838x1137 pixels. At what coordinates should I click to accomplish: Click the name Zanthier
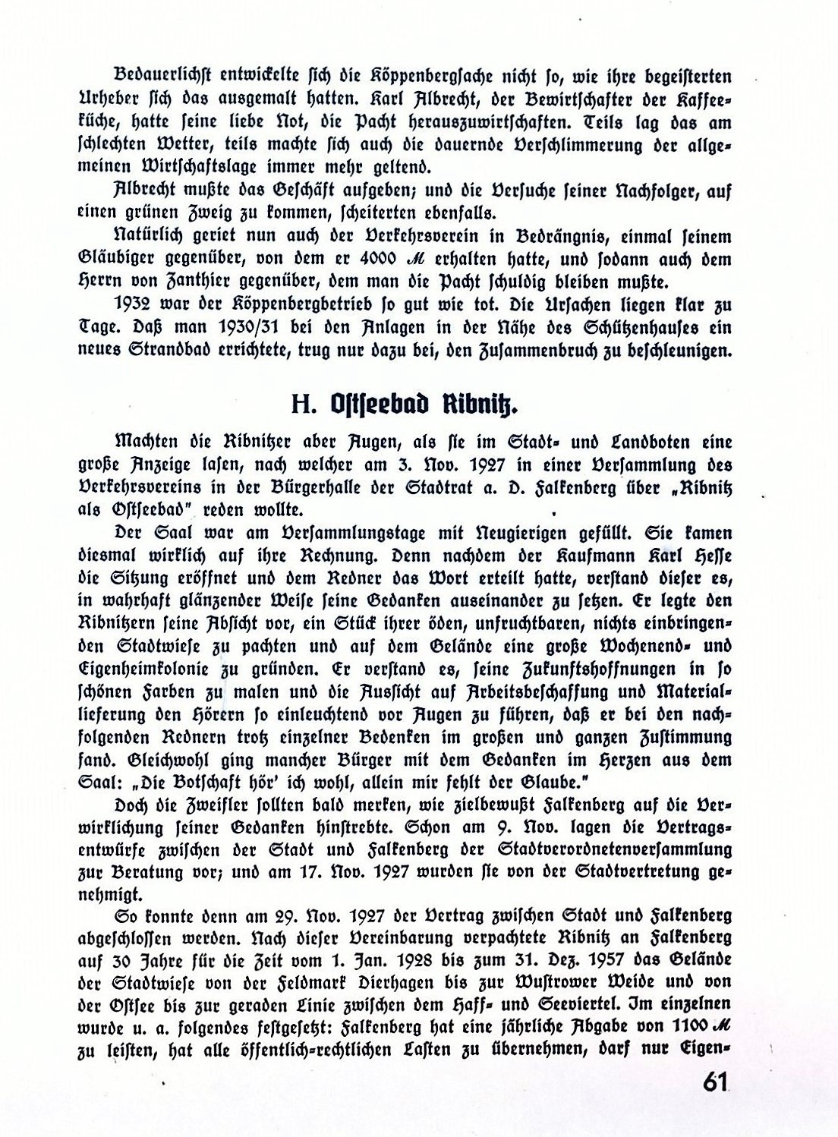point(200,281)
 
